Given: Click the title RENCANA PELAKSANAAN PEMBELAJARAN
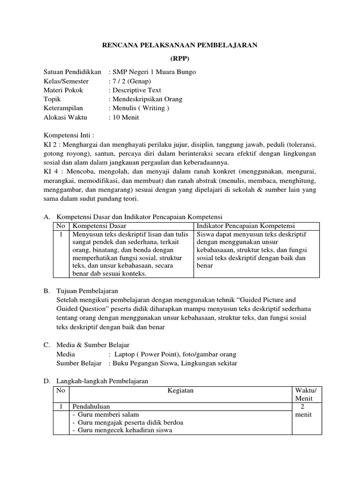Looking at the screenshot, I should point(180,45).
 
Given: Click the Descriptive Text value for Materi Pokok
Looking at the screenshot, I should point(136,90).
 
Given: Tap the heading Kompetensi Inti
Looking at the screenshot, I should point(69,136).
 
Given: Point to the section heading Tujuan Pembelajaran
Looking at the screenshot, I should point(87,291).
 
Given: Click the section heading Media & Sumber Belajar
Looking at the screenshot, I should point(93,345).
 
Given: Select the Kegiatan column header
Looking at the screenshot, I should point(180,390).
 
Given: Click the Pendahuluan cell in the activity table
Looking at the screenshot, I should point(91,406).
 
